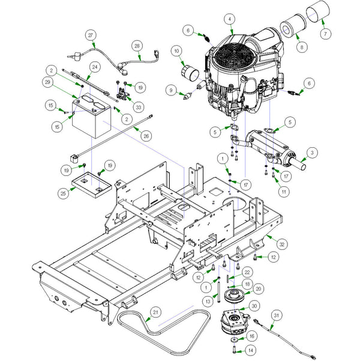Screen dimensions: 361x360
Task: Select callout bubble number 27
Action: tap(91, 35)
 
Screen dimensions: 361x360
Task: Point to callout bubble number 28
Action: tap(137, 46)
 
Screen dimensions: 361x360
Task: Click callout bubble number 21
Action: tap(155, 312)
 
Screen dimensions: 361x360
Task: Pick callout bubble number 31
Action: tap(277, 315)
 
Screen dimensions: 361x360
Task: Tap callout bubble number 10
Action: tap(177, 52)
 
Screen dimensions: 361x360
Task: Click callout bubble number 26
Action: tap(145, 136)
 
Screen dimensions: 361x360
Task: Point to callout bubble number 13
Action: tap(206, 300)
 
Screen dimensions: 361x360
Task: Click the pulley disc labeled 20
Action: tap(229, 295)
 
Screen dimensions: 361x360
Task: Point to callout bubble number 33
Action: tap(139, 108)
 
